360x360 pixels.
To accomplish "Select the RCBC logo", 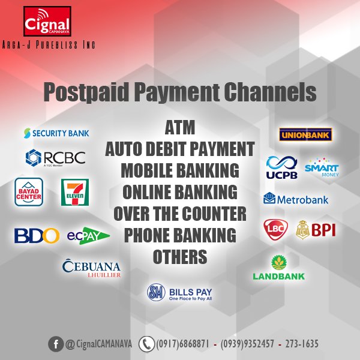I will [55, 158].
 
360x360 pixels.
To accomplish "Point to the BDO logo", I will [37, 235].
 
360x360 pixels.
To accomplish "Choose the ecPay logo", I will [88, 235].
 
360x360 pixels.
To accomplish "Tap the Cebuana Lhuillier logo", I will [92, 268].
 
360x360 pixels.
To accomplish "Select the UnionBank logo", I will [305, 134].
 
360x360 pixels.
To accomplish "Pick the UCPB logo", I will [282, 167].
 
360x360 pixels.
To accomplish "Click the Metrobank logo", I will [296, 198].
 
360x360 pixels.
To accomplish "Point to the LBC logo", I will [276, 229].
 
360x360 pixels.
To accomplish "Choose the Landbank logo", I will [278, 268].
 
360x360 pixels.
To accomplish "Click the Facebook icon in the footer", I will [56, 344].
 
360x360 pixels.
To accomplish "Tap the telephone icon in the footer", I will [146, 344].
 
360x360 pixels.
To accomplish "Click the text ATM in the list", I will [180, 128].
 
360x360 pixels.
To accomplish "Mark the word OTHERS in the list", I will [180, 257].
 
